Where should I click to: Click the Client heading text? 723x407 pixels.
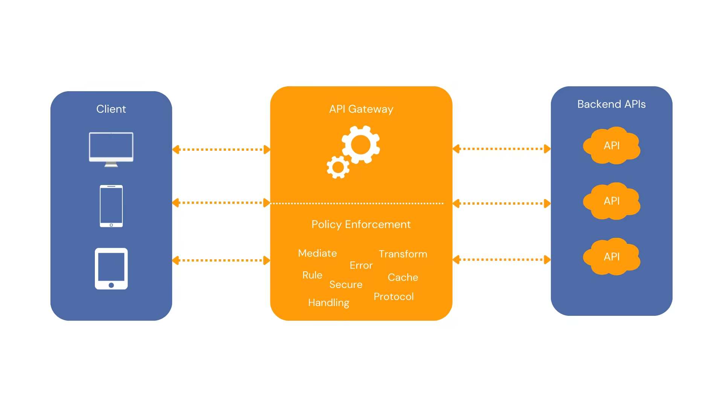click(111, 109)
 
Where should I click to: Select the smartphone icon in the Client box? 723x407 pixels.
click(111, 206)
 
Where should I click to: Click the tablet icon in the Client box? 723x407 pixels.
click(111, 268)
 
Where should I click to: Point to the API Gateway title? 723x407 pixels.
click(361, 109)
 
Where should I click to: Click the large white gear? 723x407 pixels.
click(361, 145)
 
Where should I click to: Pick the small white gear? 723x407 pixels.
click(338, 167)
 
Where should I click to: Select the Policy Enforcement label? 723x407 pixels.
click(361, 224)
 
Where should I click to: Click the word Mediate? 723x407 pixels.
click(317, 253)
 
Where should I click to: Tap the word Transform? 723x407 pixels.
click(403, 254)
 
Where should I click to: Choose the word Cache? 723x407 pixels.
click(403, 277)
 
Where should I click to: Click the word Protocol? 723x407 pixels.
click(394, 297)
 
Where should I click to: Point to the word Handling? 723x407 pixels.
click(329, 303)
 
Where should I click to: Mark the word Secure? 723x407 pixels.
click(346, 285)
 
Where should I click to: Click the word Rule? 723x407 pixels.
click(312, 275)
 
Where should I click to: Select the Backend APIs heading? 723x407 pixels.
click(611, 104)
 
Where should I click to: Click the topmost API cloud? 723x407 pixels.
click(612, 145)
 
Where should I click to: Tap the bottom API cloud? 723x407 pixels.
click(612, 257)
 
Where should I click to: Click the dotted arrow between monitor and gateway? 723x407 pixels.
click(221, 150)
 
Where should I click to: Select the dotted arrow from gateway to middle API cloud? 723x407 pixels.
click(502, 203)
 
